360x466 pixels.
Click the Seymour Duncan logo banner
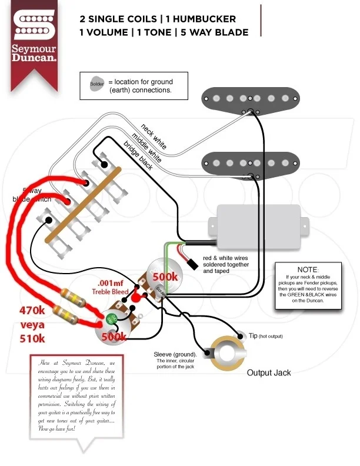pyautogui.click(x=35, y=39)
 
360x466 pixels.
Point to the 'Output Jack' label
pyautogui.click(x=268, y=372)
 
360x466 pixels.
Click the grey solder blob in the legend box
pyautogui.click(x=96, y=84)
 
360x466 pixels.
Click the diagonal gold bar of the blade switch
pyautogui.click(x=82, y=204)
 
